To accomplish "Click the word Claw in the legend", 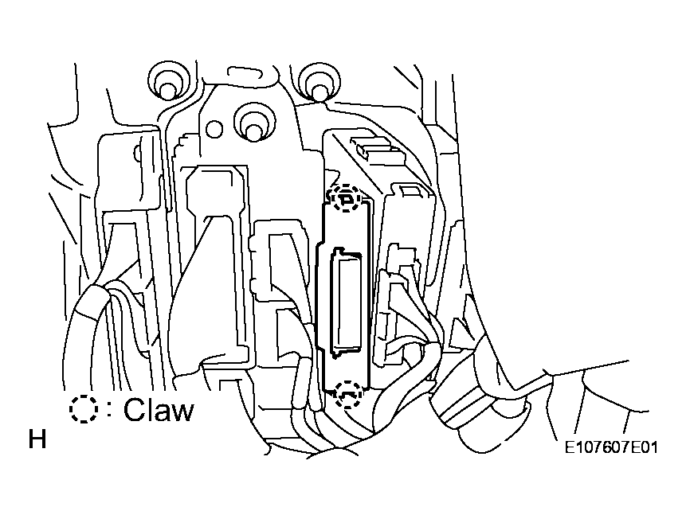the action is coord(158,410).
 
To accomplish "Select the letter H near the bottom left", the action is coord(37,439).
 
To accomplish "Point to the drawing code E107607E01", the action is coord(611,448).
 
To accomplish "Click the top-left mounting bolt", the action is coord(170,83).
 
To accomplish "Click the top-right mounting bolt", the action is coord(319,83).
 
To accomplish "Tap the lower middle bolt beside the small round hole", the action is coord(253,123).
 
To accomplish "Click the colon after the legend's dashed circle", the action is coord(109,410).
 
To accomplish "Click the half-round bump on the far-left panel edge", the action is coord(136,152).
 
